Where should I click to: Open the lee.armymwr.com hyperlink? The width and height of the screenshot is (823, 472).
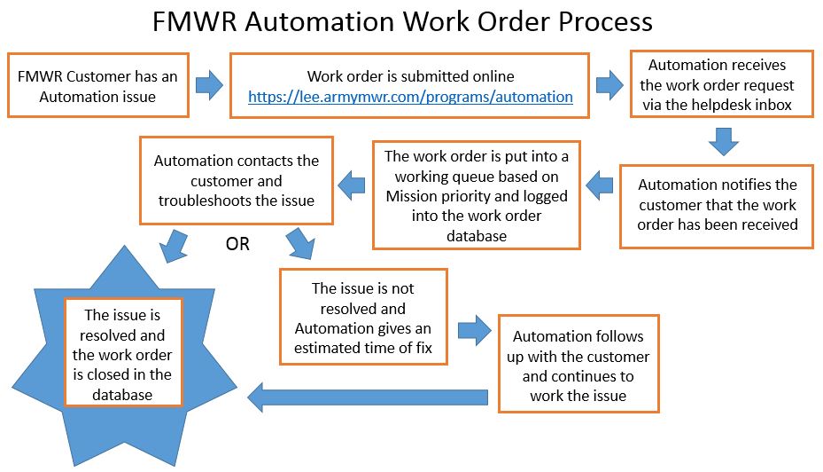click(410, 97)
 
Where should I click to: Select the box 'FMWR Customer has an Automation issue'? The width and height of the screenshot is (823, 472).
click(97, 86)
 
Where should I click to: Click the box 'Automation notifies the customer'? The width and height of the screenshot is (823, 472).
click(717, 204)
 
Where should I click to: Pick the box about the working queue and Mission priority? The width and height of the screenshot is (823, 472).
click(477, 195)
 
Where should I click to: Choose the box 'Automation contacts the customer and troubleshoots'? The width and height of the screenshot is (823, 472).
click(236, 179)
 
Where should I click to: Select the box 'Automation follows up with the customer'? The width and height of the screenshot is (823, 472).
click(578, 364)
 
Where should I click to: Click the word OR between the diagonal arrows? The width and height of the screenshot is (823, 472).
click(237, 244)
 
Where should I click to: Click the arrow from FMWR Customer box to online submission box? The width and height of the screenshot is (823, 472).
click(209, 86)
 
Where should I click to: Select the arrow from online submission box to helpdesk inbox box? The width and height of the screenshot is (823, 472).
click(609, 86)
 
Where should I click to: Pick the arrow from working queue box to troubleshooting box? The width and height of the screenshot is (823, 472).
click(353, 185)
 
